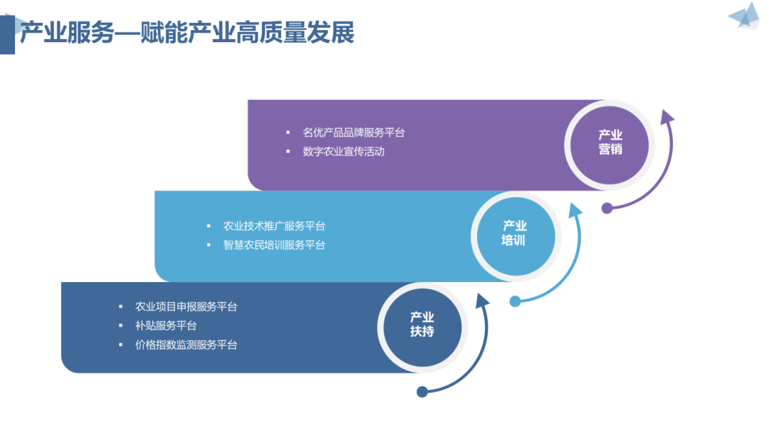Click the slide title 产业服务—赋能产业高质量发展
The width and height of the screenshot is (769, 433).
pyautogui.click(x=187, y=33)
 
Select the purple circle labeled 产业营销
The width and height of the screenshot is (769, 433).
pyautogui.click(x=610, y=142)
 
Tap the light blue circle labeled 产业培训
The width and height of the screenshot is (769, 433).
pyautogui.click(x=514, y=234)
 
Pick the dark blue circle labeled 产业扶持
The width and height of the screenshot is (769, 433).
pyautogui.click(x=422, y=325)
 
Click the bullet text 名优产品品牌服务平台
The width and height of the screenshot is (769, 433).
pyautogui.click(x=354, y=132)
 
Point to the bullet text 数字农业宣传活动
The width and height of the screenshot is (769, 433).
pyautogui.click(x=343, y=151)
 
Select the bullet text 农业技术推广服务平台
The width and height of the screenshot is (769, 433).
pyautogui.click(x=274, y=226)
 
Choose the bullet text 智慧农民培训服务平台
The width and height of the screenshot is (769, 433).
pyautogui.click(x=274, y=245)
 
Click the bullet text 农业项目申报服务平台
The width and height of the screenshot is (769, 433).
pyautogui.click(x=186, y=307)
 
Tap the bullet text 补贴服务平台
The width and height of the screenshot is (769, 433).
pyautogui.click(x=166, y=325)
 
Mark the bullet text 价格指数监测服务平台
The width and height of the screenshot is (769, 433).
pyautogui.click(x=186, y=345)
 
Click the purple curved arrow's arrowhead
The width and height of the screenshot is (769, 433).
pyautogui.click(x=666, y=117)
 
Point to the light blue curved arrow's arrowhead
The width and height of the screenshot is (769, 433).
pyautogui.click(x=575, y=209)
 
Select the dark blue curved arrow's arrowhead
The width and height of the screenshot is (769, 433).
pyautogui.click(x=483, y=301)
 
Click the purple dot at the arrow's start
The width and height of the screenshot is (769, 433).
pyautogui.click(x=607, y=209)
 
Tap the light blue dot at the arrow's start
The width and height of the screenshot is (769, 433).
pyautogui.click(x=515, y=301)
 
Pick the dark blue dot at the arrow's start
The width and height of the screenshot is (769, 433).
pyautogui.click(x=422, y=392)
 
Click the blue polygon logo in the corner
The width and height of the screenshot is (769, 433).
pyautogui.click(x=744, y=16)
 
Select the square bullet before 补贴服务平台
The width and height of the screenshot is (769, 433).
pyautogui.click(x=120, y=325)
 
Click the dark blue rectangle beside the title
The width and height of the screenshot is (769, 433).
pyautogui.click(x=7, y=33)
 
